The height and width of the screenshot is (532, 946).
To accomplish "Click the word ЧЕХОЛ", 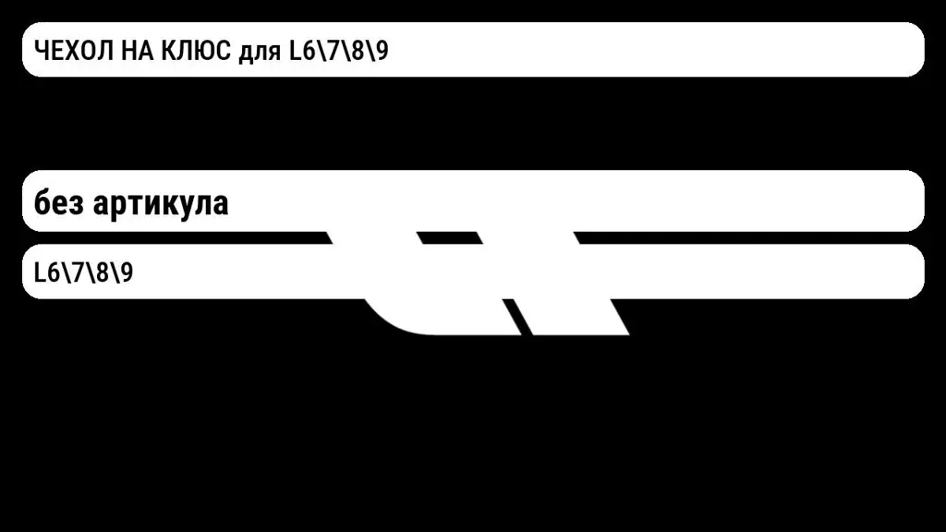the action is pos(74,51).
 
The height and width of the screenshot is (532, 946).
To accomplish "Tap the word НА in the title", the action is pos(137,51).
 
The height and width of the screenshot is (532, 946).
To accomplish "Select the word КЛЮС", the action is pos(196,51).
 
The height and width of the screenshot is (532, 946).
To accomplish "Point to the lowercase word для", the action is pos(260,53).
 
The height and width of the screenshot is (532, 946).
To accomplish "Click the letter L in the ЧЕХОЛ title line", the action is pos(295,51).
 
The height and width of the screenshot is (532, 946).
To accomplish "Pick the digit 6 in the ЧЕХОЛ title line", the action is pos(309,51).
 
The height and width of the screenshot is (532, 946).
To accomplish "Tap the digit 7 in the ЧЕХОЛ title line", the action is pos(333,51).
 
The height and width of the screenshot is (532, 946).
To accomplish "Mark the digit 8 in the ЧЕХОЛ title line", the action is pos(358,51).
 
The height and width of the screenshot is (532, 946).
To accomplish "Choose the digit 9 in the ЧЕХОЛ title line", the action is pos(382,51).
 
